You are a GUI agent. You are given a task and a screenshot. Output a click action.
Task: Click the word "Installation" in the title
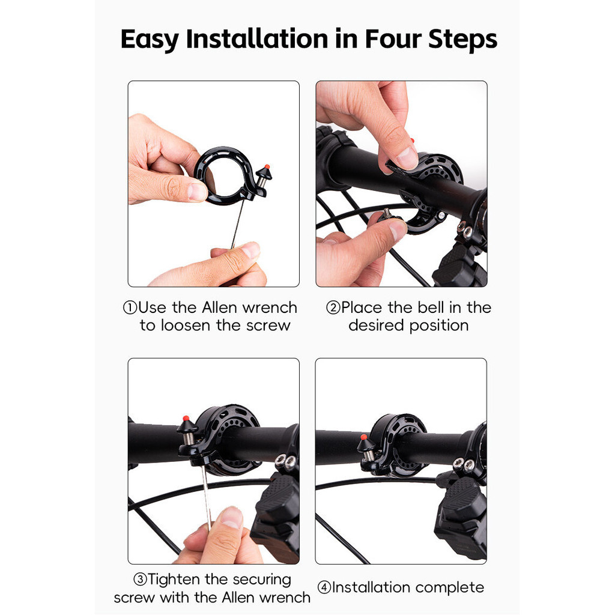[x=257, y=39]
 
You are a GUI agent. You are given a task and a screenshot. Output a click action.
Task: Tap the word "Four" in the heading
[x=393, y=39]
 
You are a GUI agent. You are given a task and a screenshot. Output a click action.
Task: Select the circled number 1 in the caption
[x=130, y=308]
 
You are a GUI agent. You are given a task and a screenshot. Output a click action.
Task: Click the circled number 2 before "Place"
[x=333, y=308]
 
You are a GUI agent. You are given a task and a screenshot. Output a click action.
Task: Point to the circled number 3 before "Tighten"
[x=140, y=580]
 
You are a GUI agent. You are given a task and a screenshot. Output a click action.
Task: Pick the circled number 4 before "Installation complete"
[x=324, y=587]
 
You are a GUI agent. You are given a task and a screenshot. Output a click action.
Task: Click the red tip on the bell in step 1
[x=267, y=167]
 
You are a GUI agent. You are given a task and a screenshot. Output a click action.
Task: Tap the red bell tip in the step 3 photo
[x=186, y=418]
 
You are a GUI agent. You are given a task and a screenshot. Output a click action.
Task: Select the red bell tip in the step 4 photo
[x=363, y=437]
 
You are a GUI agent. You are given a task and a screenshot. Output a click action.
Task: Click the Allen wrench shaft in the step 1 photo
[x=237, y=224]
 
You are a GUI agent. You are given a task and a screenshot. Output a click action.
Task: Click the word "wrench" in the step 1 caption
[x=270, y=308]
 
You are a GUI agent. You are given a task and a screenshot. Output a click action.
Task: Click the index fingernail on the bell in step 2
[x=407, y=158]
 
